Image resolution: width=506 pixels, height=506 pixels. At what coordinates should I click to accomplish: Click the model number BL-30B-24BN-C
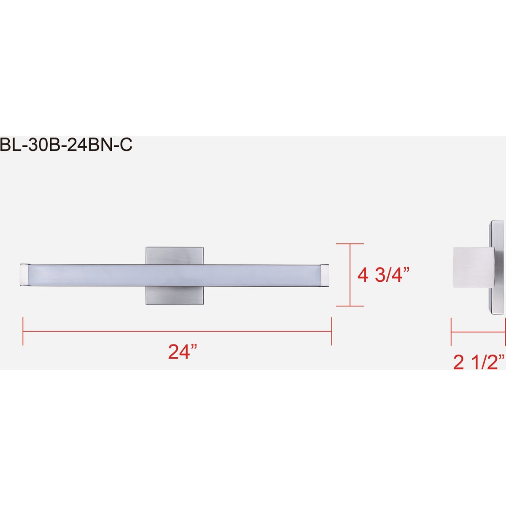point(66,145)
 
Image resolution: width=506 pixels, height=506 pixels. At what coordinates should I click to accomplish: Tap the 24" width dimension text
point(183,352)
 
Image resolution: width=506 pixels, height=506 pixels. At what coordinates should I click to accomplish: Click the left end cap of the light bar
point(24,275)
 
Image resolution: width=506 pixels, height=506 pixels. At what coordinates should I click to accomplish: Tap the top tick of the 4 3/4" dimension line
point(350,244)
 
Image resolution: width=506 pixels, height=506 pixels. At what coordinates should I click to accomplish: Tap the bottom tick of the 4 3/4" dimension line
point(350,306)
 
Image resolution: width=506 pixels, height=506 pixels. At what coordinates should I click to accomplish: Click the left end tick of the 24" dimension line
point(23,331)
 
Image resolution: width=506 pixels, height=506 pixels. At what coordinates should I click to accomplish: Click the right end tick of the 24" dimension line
point(331,331)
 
